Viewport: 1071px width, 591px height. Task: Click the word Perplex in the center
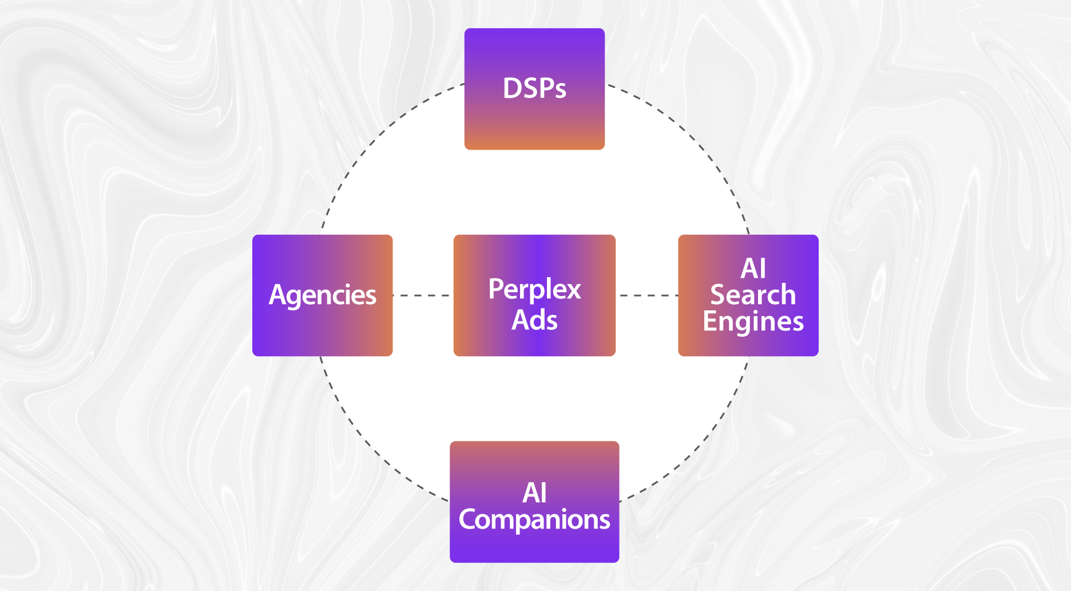[534, 289]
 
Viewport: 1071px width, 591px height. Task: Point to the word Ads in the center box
[534, 320]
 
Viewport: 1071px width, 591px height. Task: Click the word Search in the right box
[753, 295]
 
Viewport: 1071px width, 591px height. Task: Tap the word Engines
[753, 322]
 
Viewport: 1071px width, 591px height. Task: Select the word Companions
[534, 520]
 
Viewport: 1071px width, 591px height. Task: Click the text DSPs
[534, 89]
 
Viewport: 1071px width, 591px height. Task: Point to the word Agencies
[322, 295]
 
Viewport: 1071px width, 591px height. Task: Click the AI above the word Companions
[534, 493]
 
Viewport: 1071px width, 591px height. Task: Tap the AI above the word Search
[753, 269]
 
